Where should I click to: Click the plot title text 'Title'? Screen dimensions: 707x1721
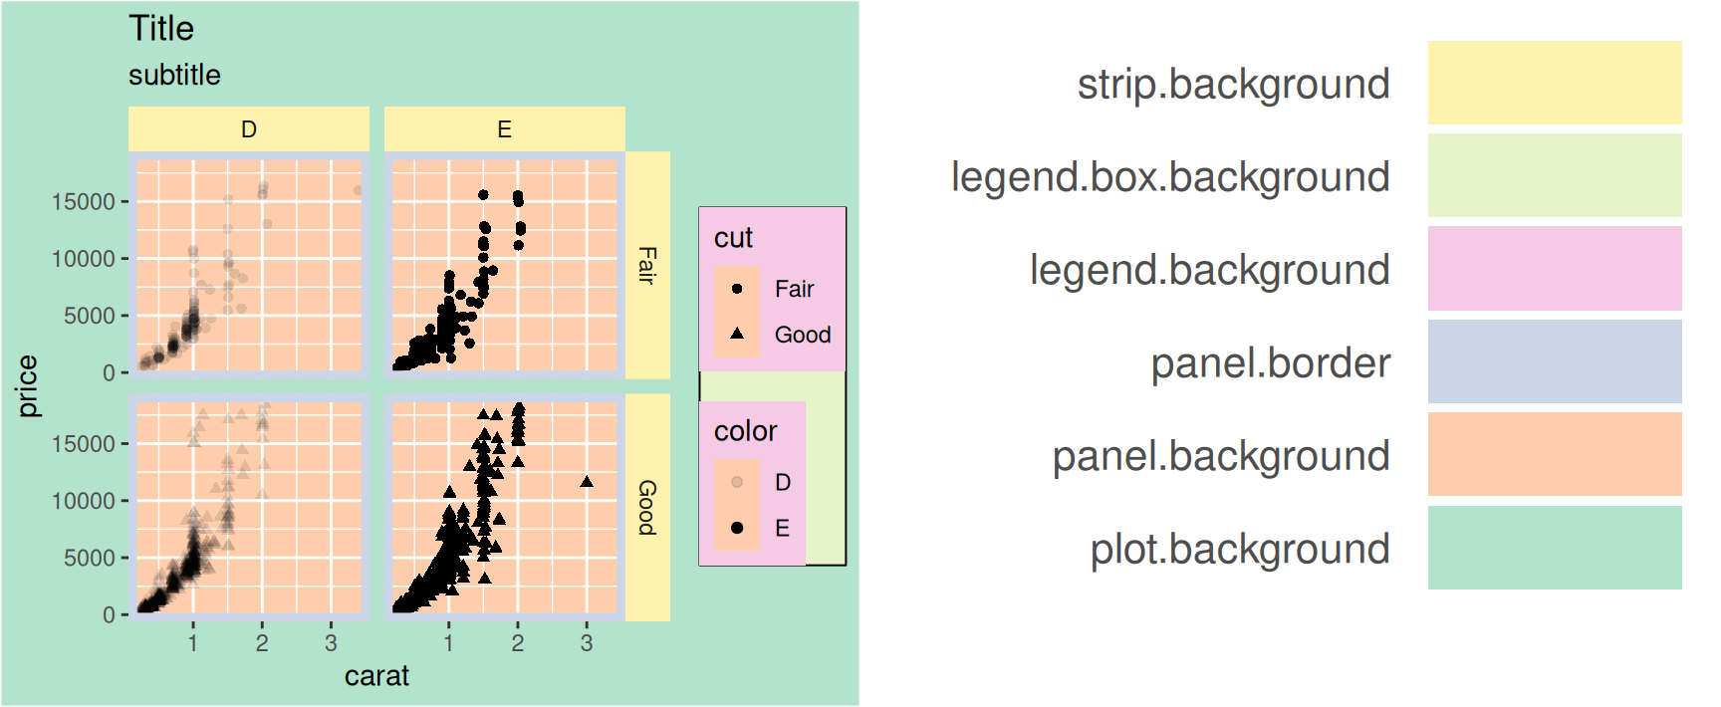tap(161, 29)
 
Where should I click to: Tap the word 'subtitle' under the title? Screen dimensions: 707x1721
tap(174, 75)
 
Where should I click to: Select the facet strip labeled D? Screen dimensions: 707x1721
tap(249, 129)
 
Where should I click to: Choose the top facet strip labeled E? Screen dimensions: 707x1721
tap(505, 129)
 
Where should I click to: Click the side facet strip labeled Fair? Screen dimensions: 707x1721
tap(647, 266)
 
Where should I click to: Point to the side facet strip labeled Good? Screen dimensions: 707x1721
tap(647, 508)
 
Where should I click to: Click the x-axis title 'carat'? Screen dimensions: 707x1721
tap(376, 676)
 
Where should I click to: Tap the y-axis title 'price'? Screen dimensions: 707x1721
tap(28, 386)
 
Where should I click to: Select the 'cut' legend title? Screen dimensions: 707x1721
tap(733, 238)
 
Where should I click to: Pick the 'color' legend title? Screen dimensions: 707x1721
tap(745, 431)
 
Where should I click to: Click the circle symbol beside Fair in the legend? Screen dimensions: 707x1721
tap(737, 289)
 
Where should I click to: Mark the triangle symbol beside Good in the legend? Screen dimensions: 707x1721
tap(737, 334)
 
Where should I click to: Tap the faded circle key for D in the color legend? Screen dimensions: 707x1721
tap(737, 482)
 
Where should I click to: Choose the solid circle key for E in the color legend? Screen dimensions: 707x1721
tap(737, 528)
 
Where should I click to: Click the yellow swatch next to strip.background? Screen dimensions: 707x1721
tap(1554, 83)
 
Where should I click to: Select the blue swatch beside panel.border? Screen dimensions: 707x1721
tap(1554, 361)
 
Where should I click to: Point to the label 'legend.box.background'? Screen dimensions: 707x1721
tap(1170, 177)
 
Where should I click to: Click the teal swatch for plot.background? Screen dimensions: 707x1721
tap(1554, 548)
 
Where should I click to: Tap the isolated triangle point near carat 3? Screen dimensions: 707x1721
tap(587, 482)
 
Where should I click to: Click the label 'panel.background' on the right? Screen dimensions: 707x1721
tap(1221, 456)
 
